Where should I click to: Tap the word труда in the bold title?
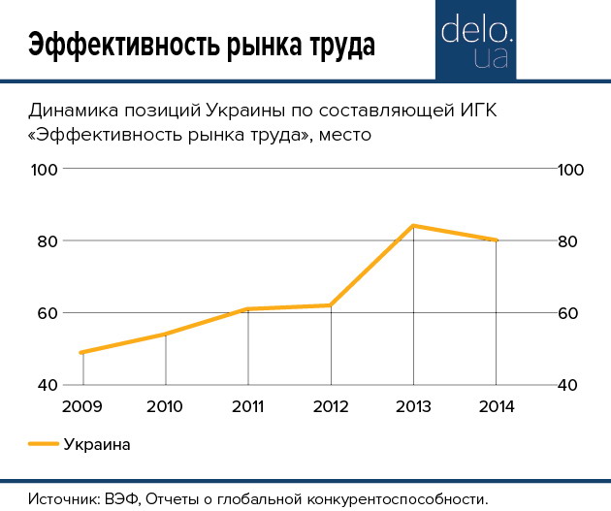334,46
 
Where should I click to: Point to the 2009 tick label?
82,405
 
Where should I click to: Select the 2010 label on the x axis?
165,405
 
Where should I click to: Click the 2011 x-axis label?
248,405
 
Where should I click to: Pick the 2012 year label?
331,405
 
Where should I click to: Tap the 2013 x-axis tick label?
414,405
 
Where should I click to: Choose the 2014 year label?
497,405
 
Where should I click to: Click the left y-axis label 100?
47,169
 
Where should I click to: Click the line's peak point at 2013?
414,226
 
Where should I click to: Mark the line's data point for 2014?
497,240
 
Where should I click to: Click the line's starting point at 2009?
82,352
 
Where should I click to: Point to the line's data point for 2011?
248,309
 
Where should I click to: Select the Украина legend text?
96,445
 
